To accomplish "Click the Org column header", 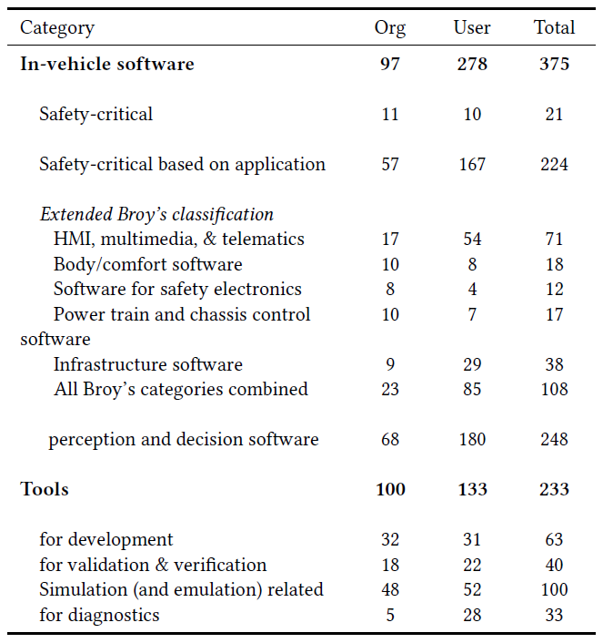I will (x=389, y=27).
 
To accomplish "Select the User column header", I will (x=471, y=27).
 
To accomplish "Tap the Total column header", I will (x=554, y=27).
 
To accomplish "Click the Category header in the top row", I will (x=57, y=27).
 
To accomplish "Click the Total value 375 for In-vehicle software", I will (x=554, y=64).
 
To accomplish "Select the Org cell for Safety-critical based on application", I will (x=389, y=165).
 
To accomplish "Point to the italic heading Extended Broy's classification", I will (x=156, y=215).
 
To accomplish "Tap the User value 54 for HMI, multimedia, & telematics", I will (x=471, y=240).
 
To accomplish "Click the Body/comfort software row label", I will (x=148, y=265).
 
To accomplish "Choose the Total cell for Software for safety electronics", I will (x=554, y=290).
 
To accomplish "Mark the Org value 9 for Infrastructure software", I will (x=389, y=365).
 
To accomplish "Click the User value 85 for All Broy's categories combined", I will (x=471, y=390).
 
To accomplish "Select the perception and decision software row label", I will (x=184, y=440).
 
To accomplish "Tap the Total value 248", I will (x=554, y=440).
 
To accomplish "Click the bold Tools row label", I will (x=45, y=490).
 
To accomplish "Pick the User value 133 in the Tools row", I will (x=471, y=490).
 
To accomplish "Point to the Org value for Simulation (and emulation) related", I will (x=389, y=590).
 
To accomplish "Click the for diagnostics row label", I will (x=99, y=616).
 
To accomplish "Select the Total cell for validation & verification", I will (x=554, y=566).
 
